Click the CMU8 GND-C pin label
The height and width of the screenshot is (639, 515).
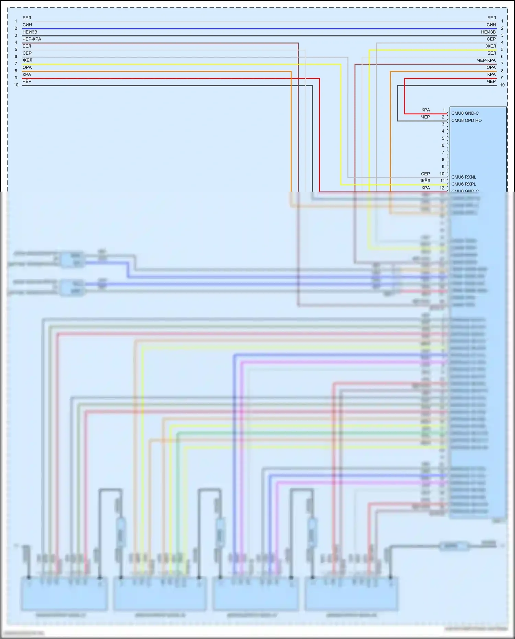(x=465, y=113)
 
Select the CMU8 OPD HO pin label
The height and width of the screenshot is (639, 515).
(x=466, y=121)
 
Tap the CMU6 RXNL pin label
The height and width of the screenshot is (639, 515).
(x=463, y=177)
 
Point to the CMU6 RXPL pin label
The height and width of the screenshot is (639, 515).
(x=463, y=184)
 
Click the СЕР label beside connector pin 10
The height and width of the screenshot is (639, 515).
(x=425, y=174)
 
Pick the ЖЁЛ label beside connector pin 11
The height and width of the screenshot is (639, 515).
(x=425, y=181)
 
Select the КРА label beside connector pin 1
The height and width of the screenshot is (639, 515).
(x=426, y=110)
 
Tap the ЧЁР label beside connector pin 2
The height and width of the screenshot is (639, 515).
(x=425, y=117)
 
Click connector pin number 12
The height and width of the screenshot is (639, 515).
(x=442, y=188)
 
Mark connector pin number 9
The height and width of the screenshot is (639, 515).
(x=443, y=167)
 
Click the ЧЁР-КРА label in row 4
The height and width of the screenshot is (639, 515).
(x=32, y=39)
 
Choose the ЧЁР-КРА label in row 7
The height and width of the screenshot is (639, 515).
(x=486, y=60)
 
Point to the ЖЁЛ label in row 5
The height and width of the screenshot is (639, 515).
(x=491, y=46)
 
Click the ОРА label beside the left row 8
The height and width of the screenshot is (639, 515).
(x=27, y=67)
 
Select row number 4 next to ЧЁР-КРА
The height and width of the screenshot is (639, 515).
(x=16, y=43)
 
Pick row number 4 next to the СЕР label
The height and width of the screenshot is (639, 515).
(x=502, y=43)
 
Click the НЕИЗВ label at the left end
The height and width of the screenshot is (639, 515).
(x=30, y=32)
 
